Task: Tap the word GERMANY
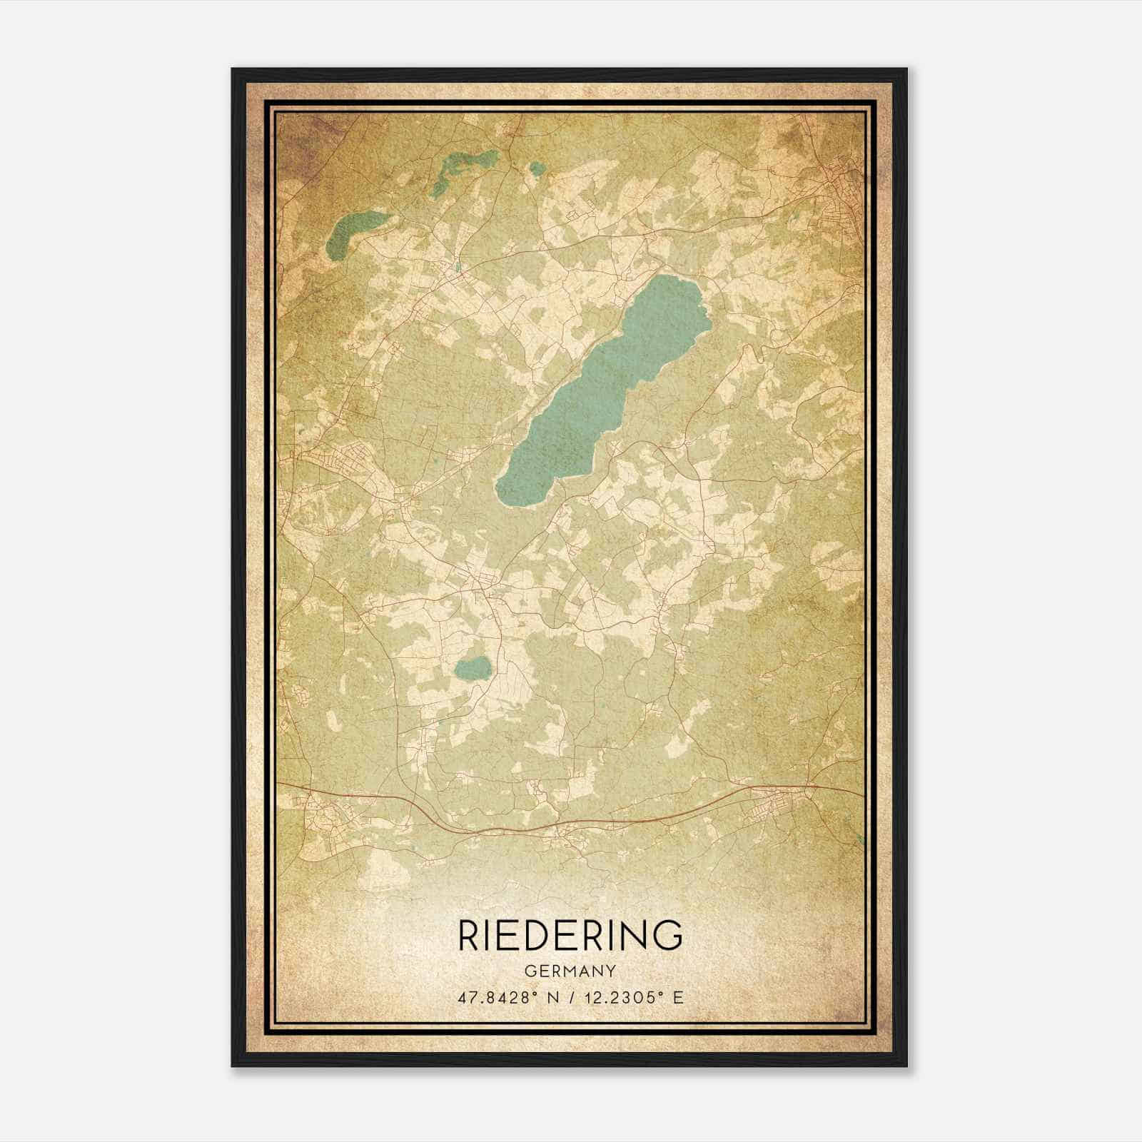[x=570, y=971]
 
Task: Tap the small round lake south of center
[x=473, y=668]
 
